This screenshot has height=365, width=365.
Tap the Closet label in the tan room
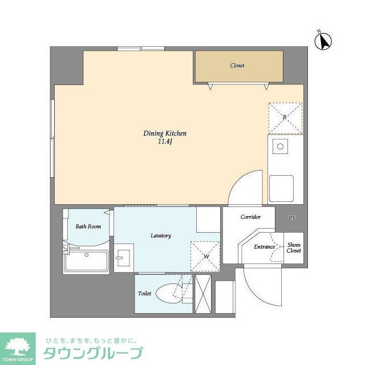237,66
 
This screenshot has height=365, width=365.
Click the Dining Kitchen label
165,133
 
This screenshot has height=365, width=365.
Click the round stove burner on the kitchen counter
280,147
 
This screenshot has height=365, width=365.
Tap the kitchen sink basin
281,186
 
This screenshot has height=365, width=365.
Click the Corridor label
250,217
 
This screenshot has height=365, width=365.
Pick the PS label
291,218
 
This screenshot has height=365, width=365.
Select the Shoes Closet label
294,247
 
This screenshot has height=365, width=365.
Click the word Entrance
265,247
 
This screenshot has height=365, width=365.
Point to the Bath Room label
88,226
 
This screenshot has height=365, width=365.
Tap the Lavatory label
161,236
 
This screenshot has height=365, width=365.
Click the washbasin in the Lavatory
123,258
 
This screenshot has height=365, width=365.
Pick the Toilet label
144,294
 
